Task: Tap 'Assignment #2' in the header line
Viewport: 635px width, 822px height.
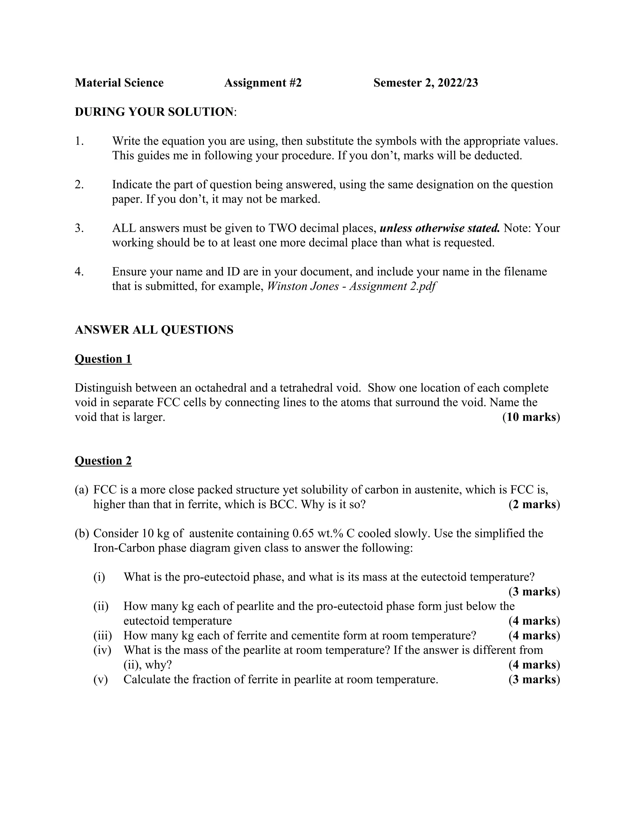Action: coord(263,83)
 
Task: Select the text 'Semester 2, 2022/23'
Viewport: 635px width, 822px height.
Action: coord(425,83)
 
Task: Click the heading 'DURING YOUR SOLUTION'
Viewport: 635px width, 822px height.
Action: coord(154,112)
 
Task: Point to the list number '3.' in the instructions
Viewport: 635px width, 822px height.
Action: coord(79,228)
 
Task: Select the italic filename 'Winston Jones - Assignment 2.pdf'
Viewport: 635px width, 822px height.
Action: coord(351,286)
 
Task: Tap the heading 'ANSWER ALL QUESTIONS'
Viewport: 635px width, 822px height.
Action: coord(154,330)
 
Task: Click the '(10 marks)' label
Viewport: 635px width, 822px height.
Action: coord(531,417)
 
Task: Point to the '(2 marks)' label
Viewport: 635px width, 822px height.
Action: coord(534,504)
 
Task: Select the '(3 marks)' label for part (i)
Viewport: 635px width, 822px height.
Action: coord(534,592)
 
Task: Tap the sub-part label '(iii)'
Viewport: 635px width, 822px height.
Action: coord(103,636)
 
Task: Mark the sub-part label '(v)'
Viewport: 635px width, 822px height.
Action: coord(100,679)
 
